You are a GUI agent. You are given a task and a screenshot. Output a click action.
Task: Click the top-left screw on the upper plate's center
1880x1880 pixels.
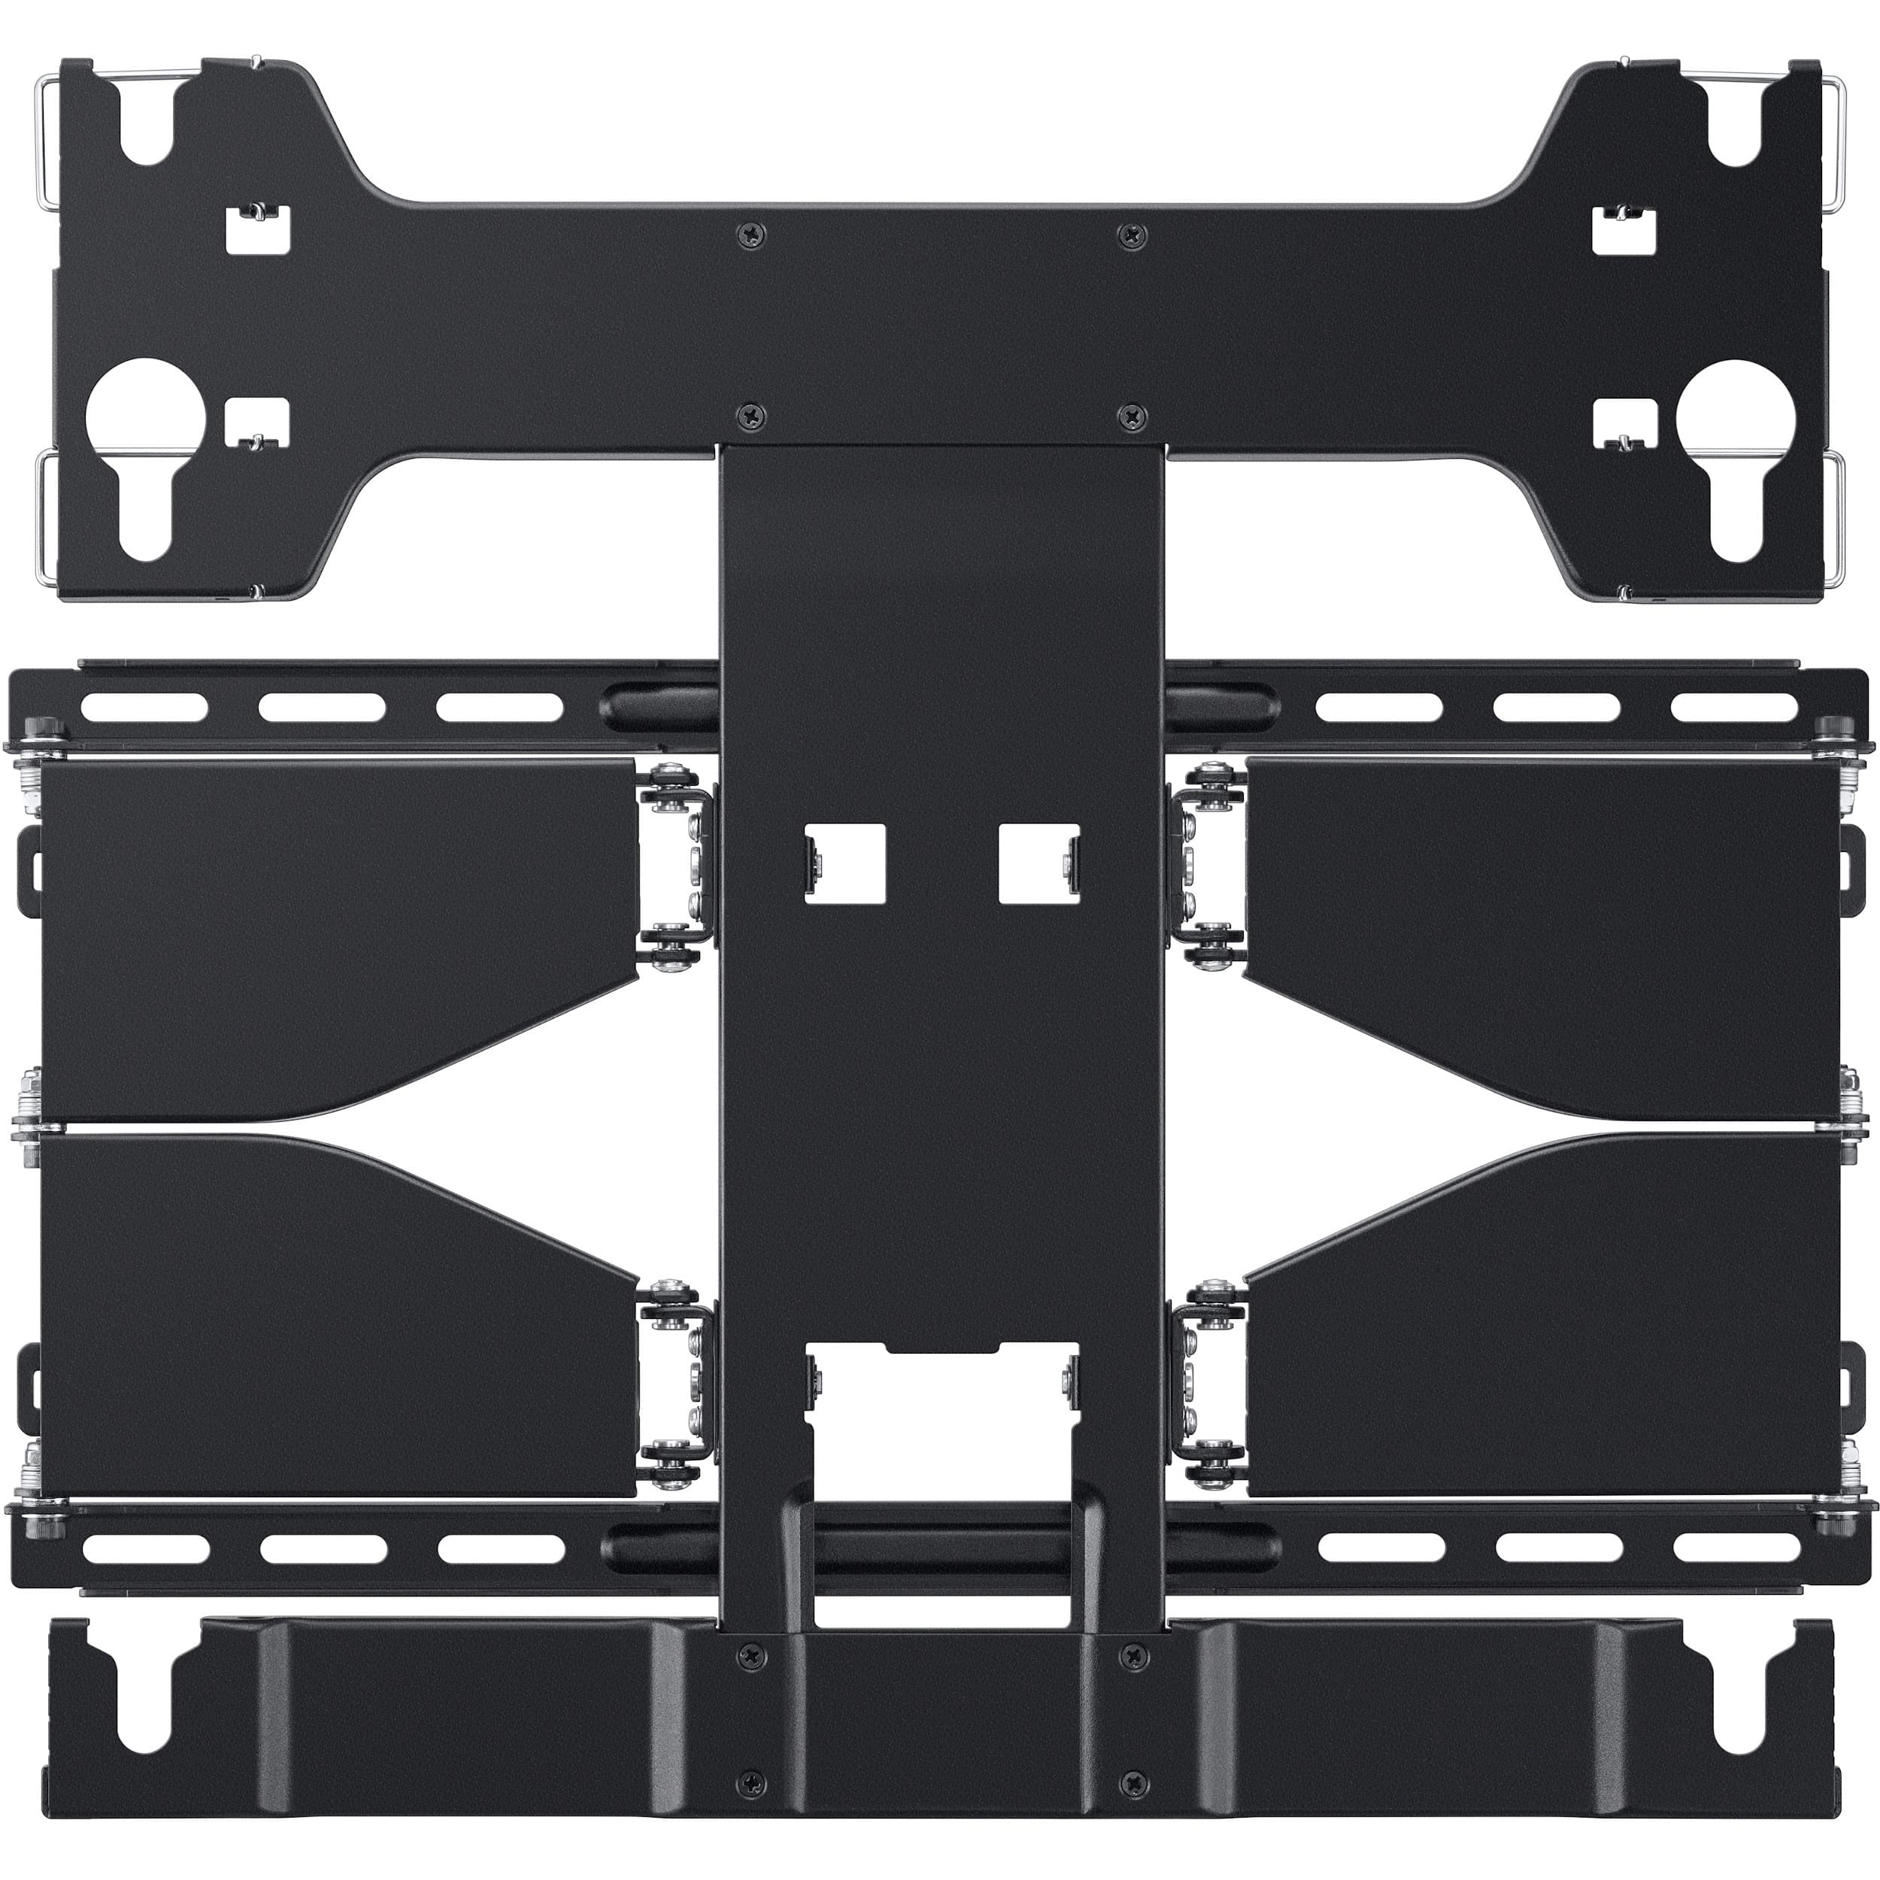click(x=750, y=234)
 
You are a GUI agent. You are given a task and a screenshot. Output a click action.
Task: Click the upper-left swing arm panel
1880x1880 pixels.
click(x=331, y=934)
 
